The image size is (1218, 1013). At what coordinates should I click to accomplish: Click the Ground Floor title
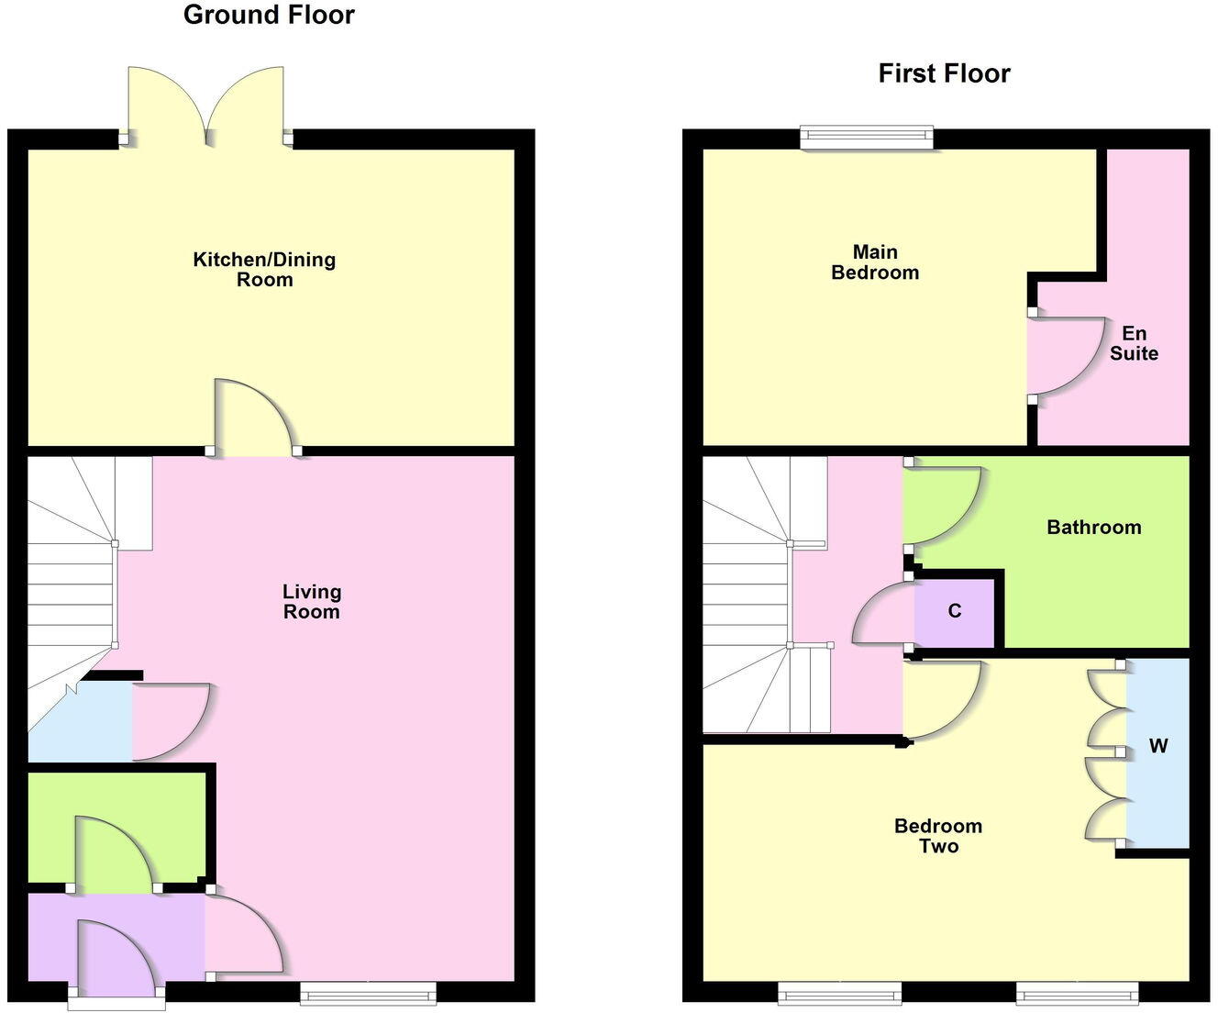click(x=269, y=15)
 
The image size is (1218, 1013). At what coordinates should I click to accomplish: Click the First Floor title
click(x=944, y=73)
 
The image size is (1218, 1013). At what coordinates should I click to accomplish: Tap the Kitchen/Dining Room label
click(x=264, y=269)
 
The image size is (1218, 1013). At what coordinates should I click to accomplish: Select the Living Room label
click(x=312, y=602)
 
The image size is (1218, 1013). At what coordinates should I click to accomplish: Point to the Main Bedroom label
click(x=875, y=262)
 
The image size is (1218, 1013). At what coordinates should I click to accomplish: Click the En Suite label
click(x=1135, y=343)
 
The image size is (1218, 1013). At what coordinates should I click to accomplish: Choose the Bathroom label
click(x=1094, y=528)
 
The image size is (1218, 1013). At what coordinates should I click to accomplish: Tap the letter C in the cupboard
click(x=955, y=611)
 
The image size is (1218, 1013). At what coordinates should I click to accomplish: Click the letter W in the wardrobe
click(x=1158, y=746)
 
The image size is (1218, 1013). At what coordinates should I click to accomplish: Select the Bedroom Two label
click(x=938, y=836)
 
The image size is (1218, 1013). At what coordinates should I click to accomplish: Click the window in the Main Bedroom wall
click(x=867, y=139)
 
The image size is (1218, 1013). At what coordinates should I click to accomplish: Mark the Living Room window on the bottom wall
click(x=368, y=992)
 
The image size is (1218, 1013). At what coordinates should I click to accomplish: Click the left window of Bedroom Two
click(x=840, y=992)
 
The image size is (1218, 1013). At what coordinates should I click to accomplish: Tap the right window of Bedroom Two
click(x=1077, y=992)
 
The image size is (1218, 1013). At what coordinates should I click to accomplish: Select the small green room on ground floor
click(x=116, y=826)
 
